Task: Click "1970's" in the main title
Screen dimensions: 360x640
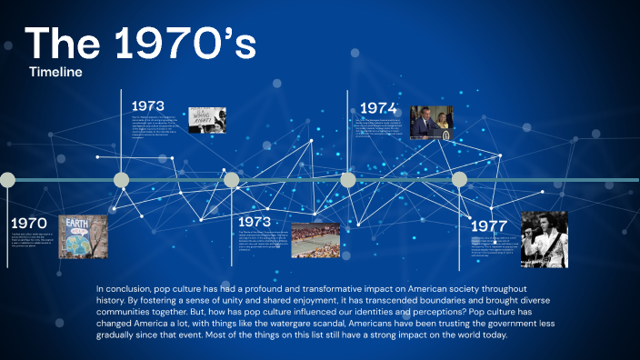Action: tap(182, 45)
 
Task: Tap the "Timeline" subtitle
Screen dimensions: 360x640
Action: tap(55, 71)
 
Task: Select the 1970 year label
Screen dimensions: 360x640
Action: tap(28, 224)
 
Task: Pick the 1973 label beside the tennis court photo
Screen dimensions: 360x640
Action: tap(255, 222)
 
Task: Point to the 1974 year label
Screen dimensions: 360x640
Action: tap(378, 107)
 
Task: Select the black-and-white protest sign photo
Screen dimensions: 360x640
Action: tap(206, 120)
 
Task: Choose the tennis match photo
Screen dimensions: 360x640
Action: tap(315, 240)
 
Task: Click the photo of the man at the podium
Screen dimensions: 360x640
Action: tap(430, 121)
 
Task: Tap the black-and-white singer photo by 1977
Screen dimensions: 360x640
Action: tap(544, 239)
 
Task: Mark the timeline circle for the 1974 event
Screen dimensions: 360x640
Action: tap(347, 180)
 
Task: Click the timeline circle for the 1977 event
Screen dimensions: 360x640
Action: tap(459, 180)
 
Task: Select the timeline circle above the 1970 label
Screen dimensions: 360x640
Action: tap(7, 180)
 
